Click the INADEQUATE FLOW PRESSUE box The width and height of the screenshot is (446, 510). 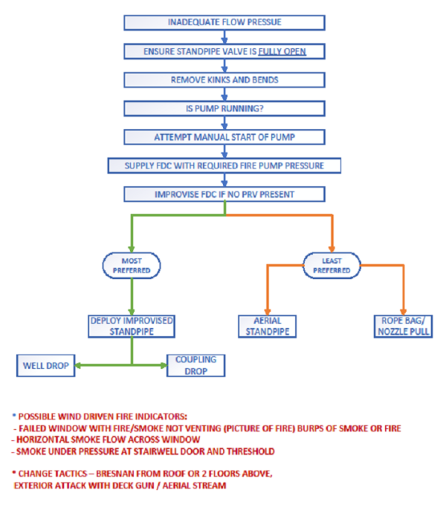tap(224, 22)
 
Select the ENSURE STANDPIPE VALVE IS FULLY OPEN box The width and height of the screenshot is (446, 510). tap(224, 51)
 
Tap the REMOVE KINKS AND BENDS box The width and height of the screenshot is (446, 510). tap(224, 80)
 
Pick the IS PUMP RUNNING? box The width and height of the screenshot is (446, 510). tap(224, 108)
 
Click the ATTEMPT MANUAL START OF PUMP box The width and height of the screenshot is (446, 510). tap(224, 137)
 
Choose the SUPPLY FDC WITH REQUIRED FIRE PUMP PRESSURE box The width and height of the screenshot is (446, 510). tap(224, 165)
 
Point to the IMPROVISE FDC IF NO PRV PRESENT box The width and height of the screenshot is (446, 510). tap(224, 194)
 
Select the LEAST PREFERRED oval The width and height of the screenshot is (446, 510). tap(332, 266)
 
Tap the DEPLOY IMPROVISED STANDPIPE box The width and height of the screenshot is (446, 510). tap(132, 325)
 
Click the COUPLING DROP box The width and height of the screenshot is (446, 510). tap(195, 364)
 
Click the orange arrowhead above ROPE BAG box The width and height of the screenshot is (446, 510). tap(403, 309)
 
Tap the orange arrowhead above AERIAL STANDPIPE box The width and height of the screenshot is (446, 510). tap(266, 309)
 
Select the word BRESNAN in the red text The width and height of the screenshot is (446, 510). tap(116, 473)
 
